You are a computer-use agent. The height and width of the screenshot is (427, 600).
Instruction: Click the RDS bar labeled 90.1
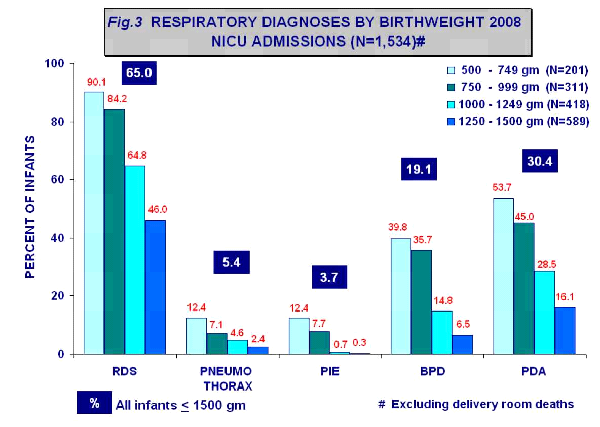pos(94,223)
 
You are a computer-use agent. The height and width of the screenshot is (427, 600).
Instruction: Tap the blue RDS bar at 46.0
pos(155,287)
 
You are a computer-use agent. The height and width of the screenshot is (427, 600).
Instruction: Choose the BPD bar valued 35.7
pos(421,302)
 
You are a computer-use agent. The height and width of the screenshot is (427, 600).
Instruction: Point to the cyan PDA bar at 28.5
pos(544,312)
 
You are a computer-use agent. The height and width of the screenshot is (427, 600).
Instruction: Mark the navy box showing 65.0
pos(139,73)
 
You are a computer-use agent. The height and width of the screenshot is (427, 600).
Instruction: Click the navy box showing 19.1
pos(419,170)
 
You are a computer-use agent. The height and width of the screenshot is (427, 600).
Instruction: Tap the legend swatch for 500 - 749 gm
pos(451,70)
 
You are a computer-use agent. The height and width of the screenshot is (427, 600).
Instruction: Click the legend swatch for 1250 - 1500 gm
pos(451,121)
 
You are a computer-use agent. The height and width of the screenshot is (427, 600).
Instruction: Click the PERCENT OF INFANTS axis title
pos(30,206)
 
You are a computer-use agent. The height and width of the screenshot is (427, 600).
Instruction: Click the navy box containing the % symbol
pos(94,403)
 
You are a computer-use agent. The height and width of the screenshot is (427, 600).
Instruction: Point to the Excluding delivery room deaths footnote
pos(481,404)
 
